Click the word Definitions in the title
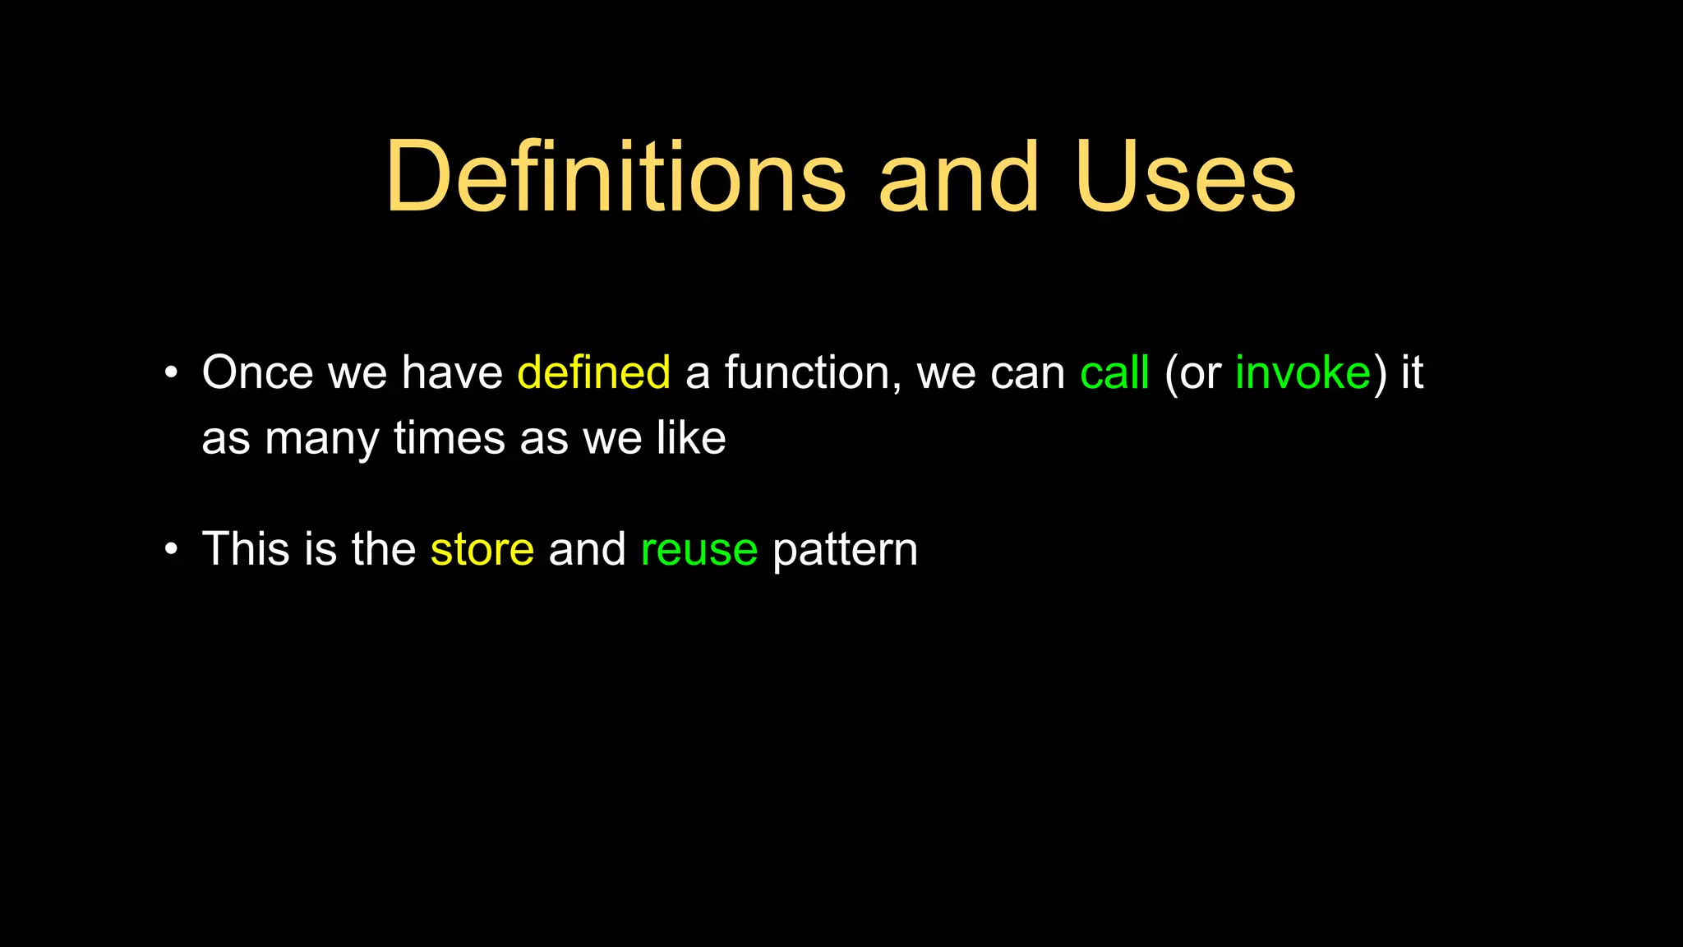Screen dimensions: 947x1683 click(615, 178)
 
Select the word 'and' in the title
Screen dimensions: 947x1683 click(958, 178)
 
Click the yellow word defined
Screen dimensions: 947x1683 click(593, 372)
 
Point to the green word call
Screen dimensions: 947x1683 click(1114, 372)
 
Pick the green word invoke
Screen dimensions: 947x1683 click(1303, 372)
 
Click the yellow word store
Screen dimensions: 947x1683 click(482, 549)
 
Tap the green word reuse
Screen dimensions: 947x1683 click(699, 549)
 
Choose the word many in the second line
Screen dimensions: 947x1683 click(321, 439)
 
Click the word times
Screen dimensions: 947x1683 click(449, 437)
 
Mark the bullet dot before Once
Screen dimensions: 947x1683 click(171, 372)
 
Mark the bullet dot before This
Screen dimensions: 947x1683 click(171, 548)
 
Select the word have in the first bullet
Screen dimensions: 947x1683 click(451, 372)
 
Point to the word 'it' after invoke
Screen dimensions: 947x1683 click(1412, 372)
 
